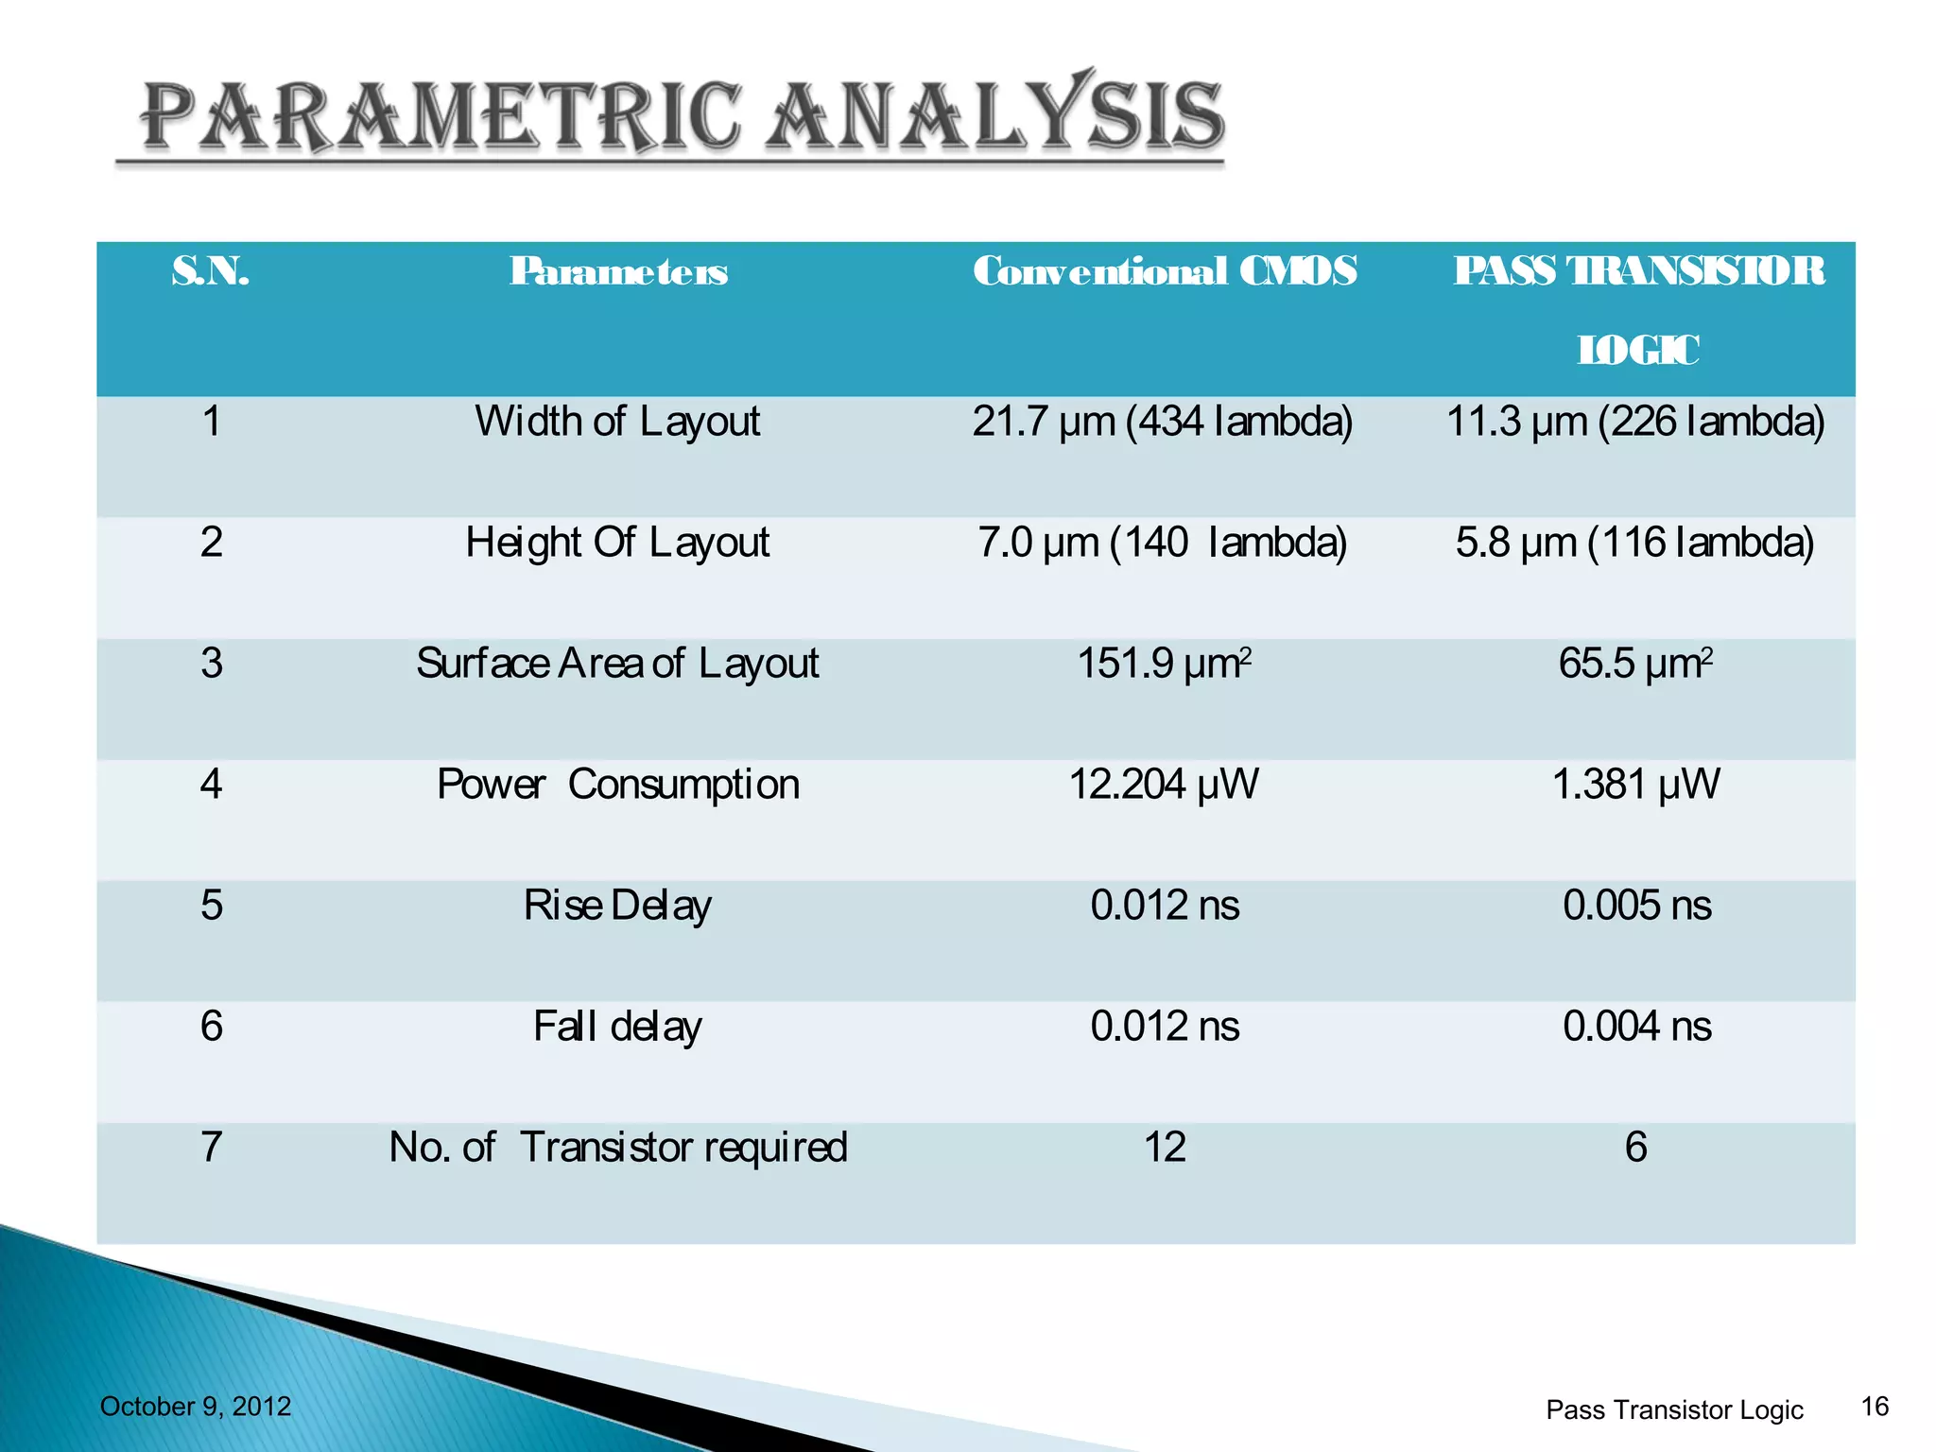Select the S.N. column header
pos(211,271)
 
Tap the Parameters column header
pos(618,271)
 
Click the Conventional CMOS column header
pos(1165,271)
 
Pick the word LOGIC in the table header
pos(1637,351)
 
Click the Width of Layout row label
pos(617,422)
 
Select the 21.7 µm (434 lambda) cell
pos(1163,422)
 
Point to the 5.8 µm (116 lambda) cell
pos(1635,543)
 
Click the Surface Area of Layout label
pos(617,664)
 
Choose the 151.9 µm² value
pos(1165,664)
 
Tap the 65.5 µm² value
pos(1635,664)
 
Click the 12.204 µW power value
pos(1164,785)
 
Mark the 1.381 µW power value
pos(1636,785)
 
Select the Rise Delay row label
pos(617,906)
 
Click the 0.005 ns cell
pos(1636,906)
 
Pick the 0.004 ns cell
pos(1636,1027)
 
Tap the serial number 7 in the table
pos(212,1148)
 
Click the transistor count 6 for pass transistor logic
pos(1636,1148)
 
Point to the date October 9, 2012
pos(196,1407)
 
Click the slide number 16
pos(1875,1407)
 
